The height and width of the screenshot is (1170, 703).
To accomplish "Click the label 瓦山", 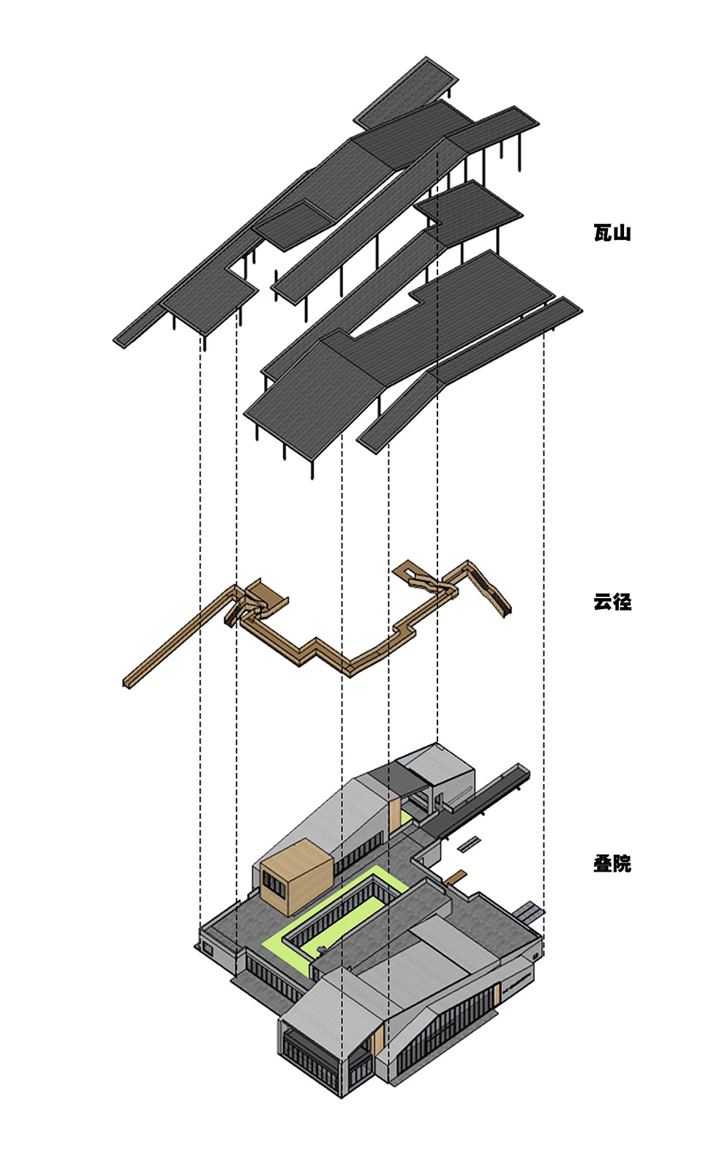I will (612, 233).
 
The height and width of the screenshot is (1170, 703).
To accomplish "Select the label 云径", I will (612, 602).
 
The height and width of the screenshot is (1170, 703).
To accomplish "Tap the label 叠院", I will (612, 864).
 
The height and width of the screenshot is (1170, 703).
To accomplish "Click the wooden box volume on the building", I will (296, 874).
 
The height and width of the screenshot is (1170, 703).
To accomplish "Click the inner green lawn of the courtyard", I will (344, 918).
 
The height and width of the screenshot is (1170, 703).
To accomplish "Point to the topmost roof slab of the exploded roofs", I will (406, 91).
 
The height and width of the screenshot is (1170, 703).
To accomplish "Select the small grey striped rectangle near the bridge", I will (469, 843).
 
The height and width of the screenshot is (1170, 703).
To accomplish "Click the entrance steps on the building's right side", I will (528, 910).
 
